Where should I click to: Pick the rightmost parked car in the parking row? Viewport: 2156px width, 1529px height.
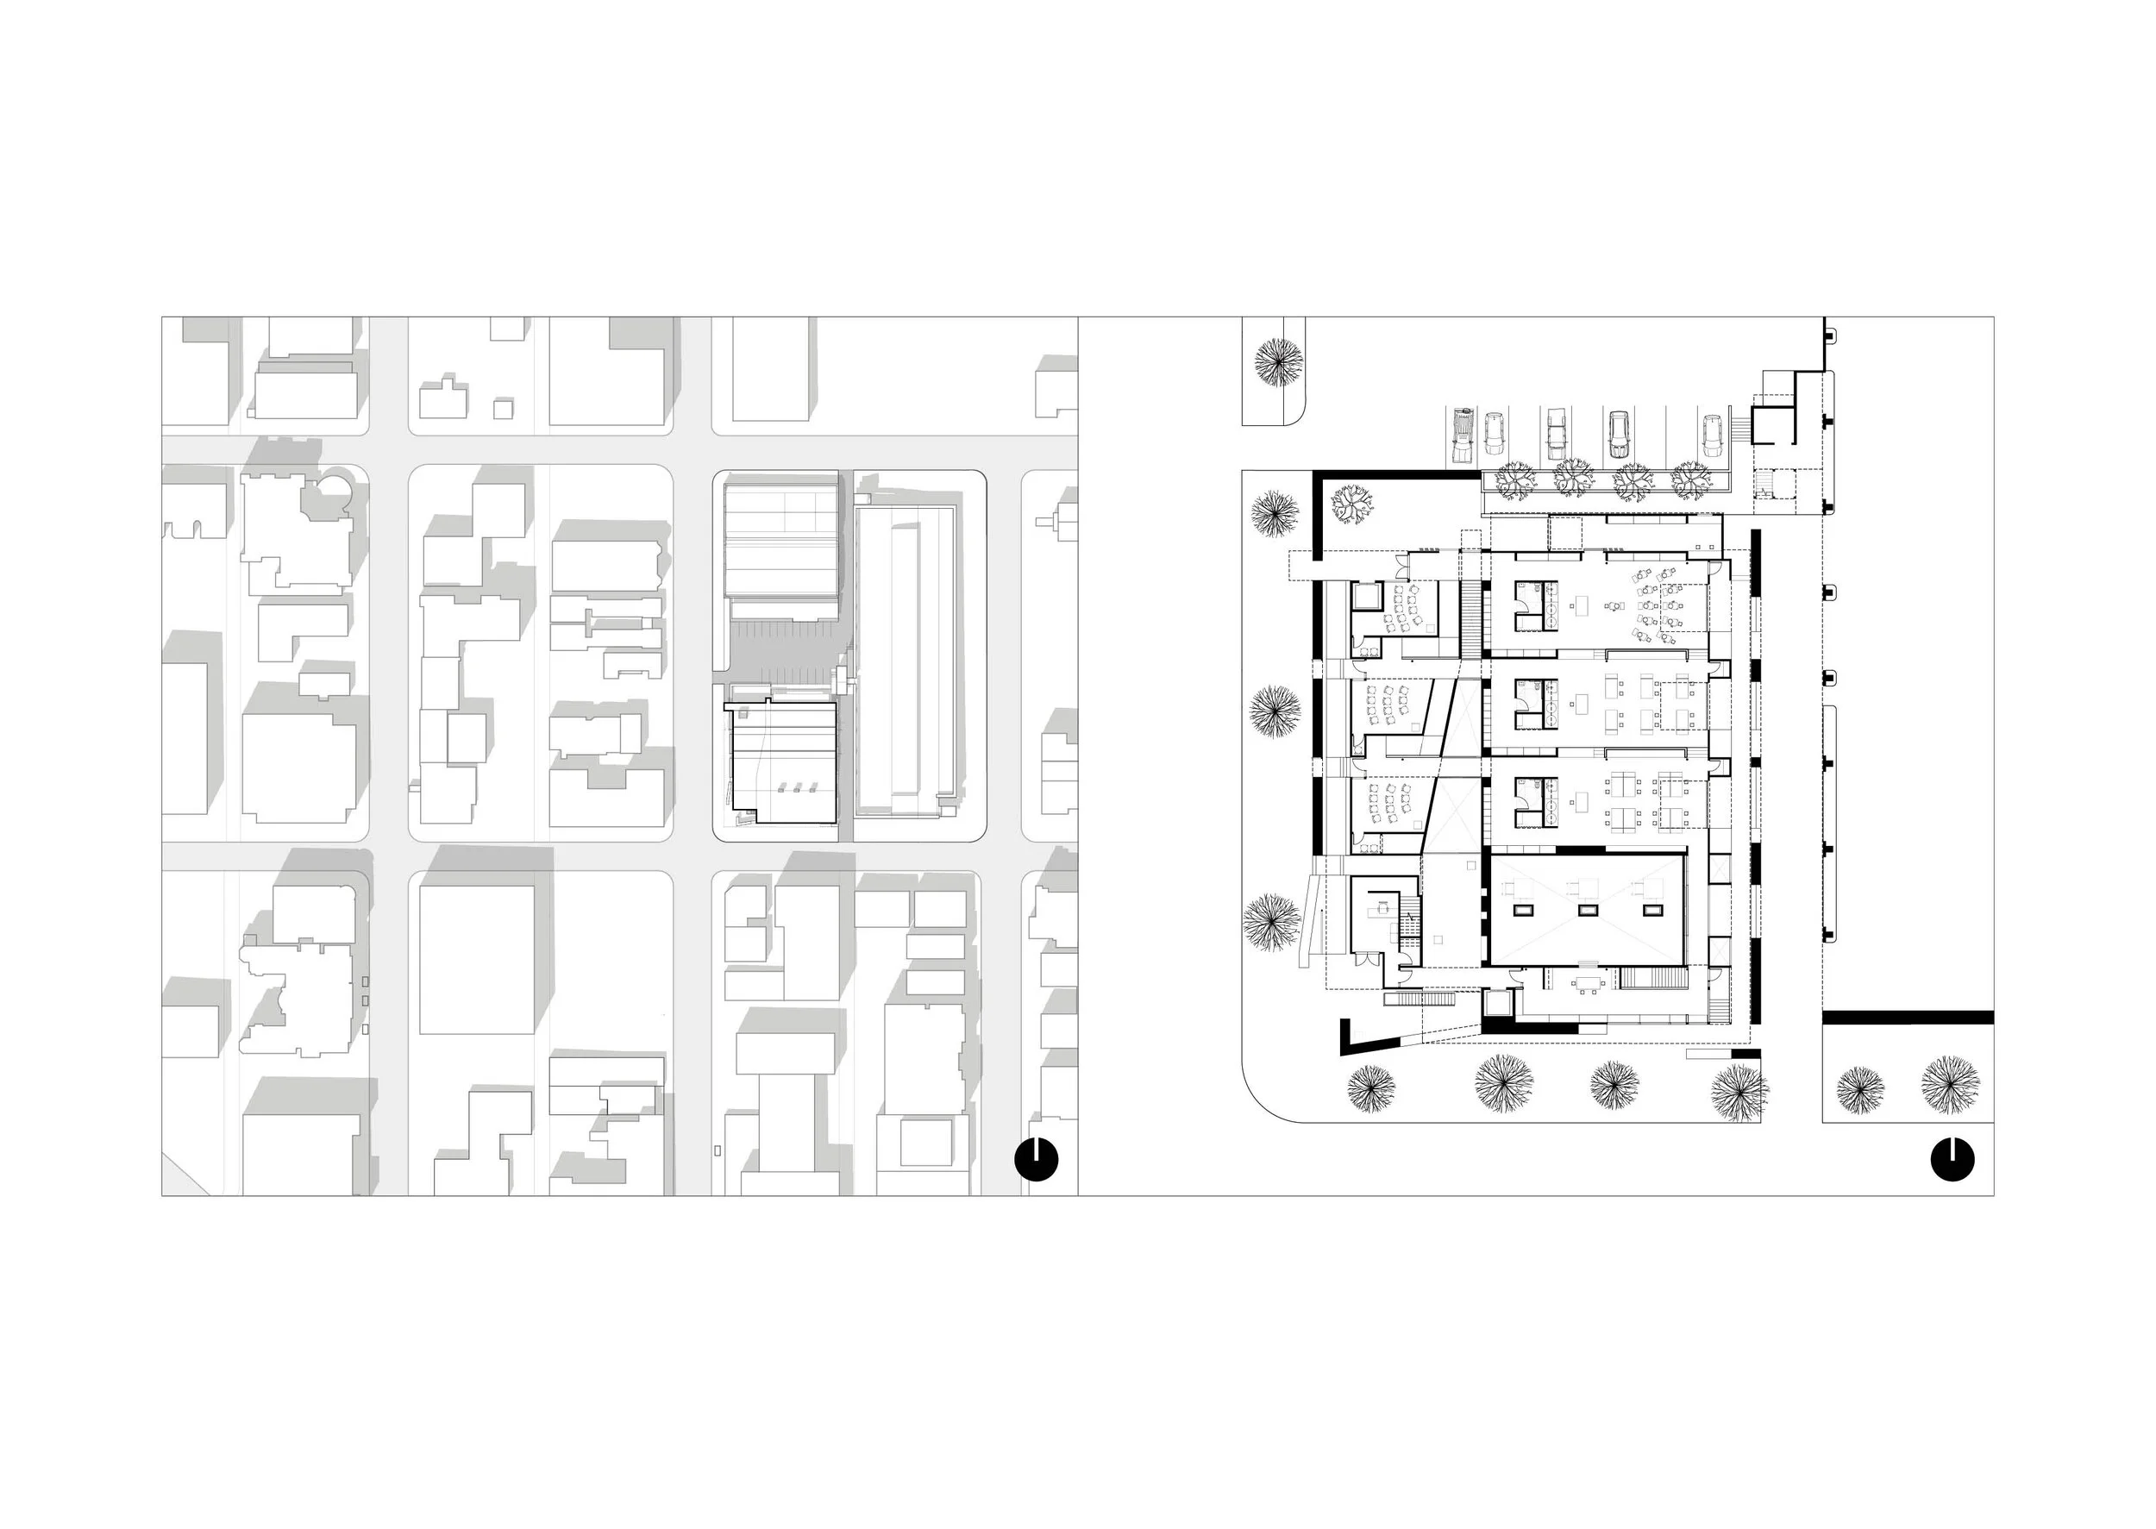click(1712, 435)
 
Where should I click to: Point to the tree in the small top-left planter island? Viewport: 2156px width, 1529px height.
click(1277, 361)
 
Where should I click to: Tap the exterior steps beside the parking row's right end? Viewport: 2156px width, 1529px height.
click(1744, 428)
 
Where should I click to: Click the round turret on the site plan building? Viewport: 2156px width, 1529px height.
click(335, 490)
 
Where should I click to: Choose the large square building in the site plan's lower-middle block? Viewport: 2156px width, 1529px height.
click(479, 958)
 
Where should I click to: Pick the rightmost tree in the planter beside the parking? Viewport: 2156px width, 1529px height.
click(1691, 482)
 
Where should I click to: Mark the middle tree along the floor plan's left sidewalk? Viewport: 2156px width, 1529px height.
click(1275, 711)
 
